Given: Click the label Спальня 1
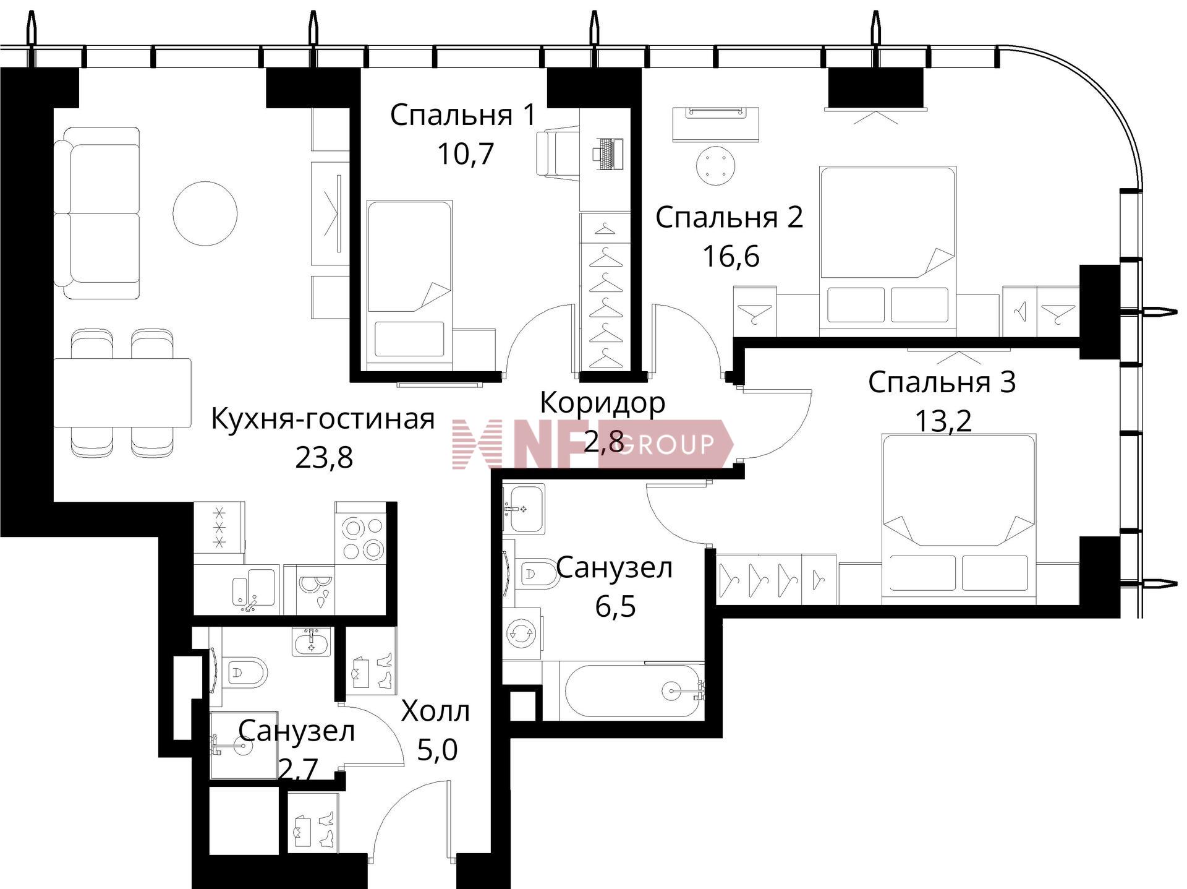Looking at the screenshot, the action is pyautogui.click(x=463, y=115).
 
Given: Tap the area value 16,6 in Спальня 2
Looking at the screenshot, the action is pyautogui.click(x=731, y=256).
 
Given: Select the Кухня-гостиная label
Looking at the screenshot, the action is pyautogui.click(x=323, y=419).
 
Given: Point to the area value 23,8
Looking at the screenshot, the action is pyautogui.click(x=324, y=458).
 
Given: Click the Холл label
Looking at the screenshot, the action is pyautogui.click(x=436, y=711).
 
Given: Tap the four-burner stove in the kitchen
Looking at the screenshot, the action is pyautogui.click(x=361, y=533).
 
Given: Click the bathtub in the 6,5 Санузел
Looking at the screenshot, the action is pyautogui.click(x=633, y=690).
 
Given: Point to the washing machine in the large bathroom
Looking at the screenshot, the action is pyautogui.click(x=522, y=633).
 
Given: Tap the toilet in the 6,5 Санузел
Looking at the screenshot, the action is pyautogui.click(x=533, y=573).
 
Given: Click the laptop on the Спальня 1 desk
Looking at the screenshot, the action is pyautogui.click(x=608, y=154).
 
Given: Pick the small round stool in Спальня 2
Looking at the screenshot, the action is pyautogui.click(x=716, y=166).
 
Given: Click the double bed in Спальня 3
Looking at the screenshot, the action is pyautogui.click(x=958, y=518).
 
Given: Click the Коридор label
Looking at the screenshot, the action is pyautogui.click(x=603, y=403).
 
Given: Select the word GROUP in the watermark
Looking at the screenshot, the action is pyautogui.click(x=665, y=444).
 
